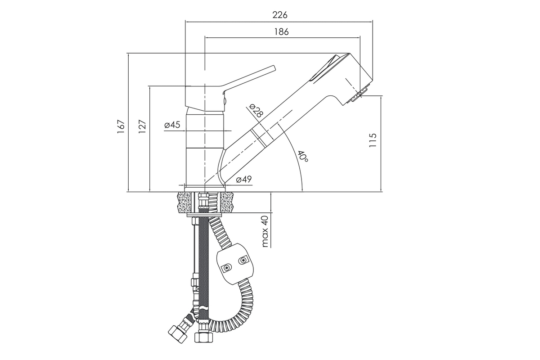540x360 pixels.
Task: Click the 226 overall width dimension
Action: (280, 15)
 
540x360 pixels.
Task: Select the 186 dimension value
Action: (281, 31)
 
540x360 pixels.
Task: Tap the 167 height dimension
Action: (121, 126)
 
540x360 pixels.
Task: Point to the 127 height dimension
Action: (143, 126)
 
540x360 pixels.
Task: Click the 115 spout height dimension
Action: (373, 140)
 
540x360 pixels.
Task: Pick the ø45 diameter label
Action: (172, 125)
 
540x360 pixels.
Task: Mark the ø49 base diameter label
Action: (244, 180)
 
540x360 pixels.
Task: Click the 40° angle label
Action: (303, 157)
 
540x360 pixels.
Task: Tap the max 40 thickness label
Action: (265, 231)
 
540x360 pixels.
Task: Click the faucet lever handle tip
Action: (274, 67)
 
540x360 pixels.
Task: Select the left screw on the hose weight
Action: (227, 267)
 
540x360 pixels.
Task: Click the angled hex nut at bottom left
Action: (178, 334)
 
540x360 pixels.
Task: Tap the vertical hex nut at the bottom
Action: (204, 337)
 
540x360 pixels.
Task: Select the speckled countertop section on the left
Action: (184, 202)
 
